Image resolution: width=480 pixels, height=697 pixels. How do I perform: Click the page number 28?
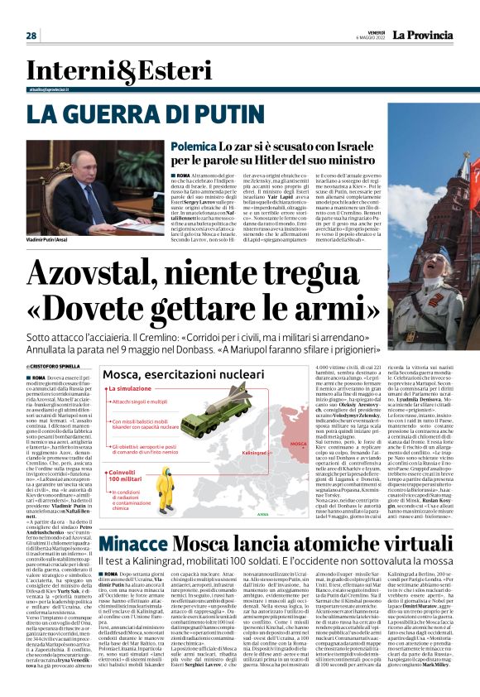click(31, 36)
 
